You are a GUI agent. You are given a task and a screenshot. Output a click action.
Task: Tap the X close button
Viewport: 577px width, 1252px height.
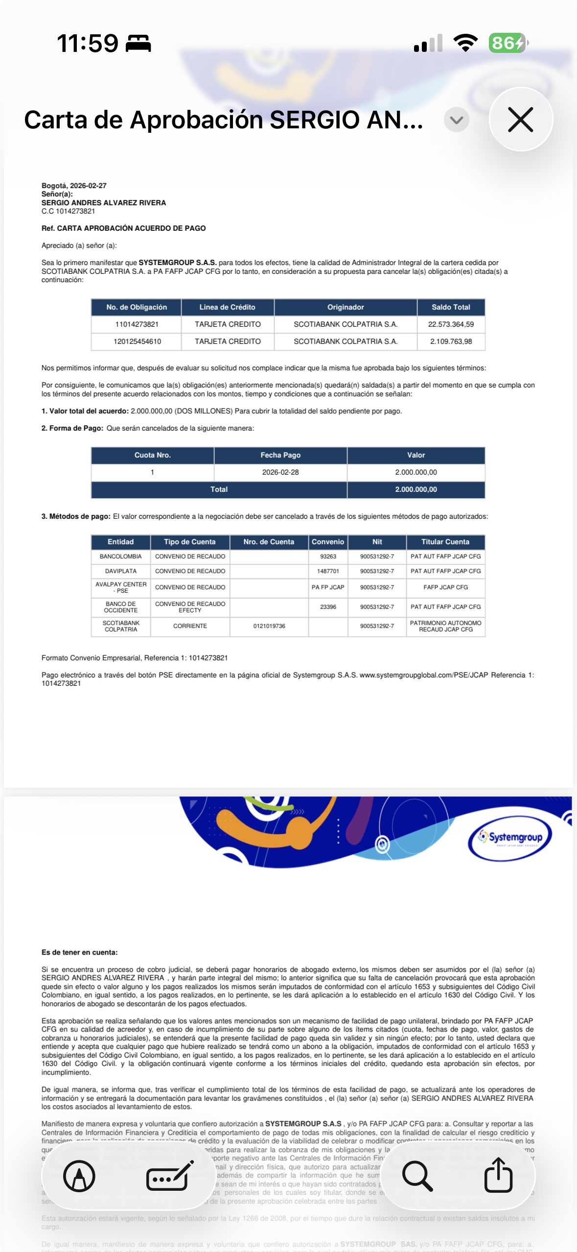click(x=520, y=120)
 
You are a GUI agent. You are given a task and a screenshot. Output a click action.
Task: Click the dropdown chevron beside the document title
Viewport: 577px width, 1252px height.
click(x=456, y=120)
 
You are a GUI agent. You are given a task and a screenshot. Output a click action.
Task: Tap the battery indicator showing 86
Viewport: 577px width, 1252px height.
click(x=508, y=43)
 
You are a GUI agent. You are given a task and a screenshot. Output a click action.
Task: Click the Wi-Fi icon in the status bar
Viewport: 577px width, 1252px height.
click(x=465, y=43)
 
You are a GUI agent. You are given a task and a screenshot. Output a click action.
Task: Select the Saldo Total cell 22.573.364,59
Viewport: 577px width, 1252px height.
click(x=451, y=324)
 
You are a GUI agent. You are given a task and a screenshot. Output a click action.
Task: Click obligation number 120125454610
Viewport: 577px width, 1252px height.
click(x=137, y=341)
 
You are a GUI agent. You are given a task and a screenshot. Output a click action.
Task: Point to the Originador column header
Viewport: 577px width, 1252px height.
click(x=346, y=307)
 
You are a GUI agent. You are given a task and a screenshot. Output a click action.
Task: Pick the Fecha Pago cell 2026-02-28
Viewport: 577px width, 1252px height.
click(x=280, y=472)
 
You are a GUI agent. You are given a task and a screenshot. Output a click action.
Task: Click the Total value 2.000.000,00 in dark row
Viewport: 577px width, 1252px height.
click(x=416, y=489)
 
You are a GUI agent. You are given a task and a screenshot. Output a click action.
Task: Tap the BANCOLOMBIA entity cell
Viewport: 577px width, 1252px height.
click(x=120, y=556)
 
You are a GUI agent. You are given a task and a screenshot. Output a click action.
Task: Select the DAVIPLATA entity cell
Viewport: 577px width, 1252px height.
click(x=120, y=571)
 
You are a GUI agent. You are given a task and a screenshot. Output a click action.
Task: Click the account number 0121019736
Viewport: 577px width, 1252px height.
click(x=269, y=626)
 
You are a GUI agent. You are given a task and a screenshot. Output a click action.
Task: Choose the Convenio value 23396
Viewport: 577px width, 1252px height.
click(x=328, y=607)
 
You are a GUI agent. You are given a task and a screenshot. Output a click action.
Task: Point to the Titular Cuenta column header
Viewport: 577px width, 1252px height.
click(x=445, y=542)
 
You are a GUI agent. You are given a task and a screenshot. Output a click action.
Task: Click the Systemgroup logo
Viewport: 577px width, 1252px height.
click(x=510, y=838)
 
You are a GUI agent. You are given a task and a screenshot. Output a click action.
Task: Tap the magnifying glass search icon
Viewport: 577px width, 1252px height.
click(x=417, y=1176)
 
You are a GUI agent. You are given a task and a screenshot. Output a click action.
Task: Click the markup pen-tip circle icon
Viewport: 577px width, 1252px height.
click(x=79, y=1176)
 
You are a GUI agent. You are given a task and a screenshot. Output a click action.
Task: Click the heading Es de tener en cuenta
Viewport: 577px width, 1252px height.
click(x=79, y=952)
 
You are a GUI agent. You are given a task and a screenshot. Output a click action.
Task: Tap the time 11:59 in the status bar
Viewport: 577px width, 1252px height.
click(x=88, y=43)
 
